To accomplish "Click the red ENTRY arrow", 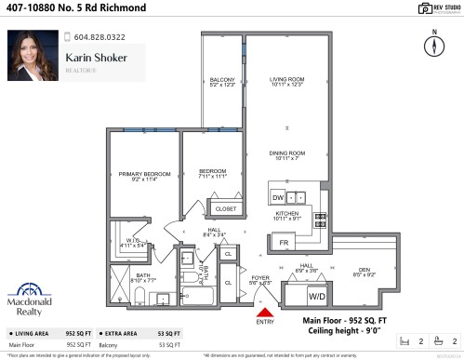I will pyautogui.click(x=264, y=313).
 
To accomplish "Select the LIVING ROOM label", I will pyautogui.click(x=287, y=84).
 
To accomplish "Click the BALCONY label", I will pyautogui.click(x=222, y=82).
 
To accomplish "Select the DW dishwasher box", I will pyautogui.click(x=278, y=197).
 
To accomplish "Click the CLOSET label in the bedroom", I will pyautogui.click(x=225, y=209).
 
